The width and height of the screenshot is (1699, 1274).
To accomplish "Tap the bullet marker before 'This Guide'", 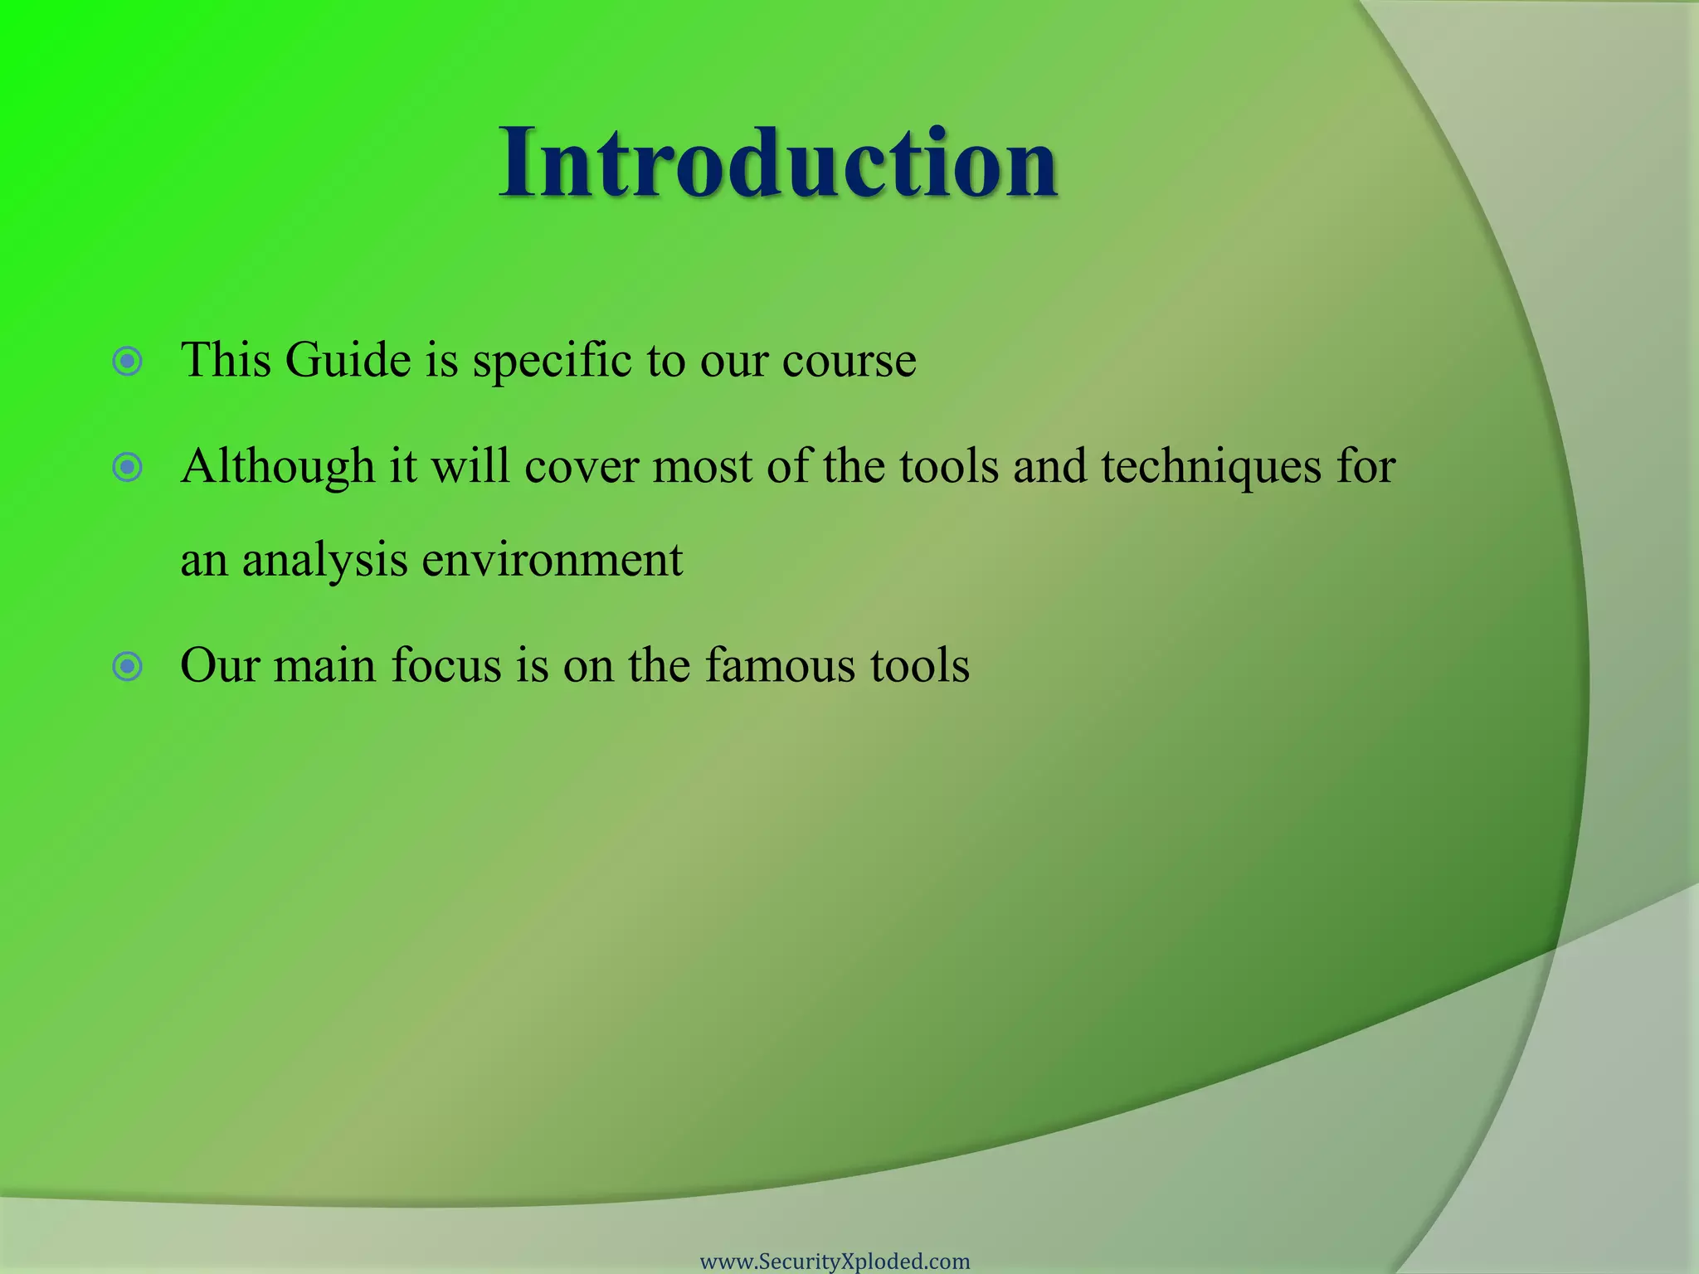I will [128, 362].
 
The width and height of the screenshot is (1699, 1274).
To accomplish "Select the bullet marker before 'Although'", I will [128, 468].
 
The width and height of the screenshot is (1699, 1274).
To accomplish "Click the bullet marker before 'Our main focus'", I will [128, 666].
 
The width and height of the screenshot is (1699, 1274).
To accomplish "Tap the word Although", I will [278, 466].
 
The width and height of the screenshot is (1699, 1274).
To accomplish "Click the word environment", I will [553, 561].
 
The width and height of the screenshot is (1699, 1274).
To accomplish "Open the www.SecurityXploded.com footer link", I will [835, 1262].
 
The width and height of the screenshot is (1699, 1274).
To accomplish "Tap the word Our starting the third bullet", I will [220, 666].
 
